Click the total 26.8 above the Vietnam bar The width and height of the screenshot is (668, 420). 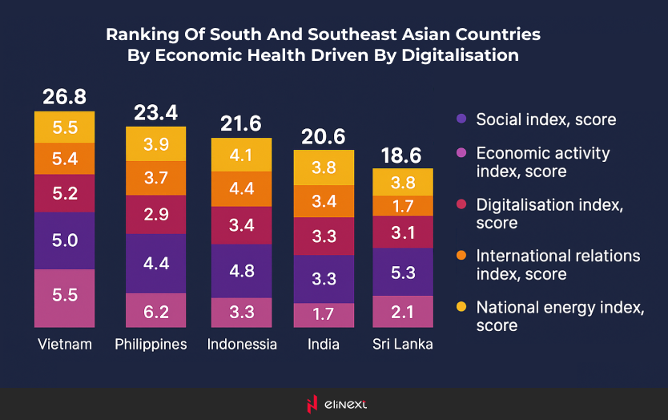click(x=64, y=97)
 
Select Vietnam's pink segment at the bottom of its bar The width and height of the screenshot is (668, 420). click(x=64, y=295)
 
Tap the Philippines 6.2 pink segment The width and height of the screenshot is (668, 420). click(x=155, y=311)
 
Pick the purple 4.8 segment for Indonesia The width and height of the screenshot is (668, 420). click(x=241, y=271)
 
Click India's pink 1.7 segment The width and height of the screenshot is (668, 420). click(x=323, y=315)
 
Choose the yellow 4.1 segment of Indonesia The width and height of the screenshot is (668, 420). click(x=241, y=155)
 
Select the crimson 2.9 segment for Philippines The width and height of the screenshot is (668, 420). click(x=155, y=214)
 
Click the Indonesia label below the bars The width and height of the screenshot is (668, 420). click(x=242, y=345)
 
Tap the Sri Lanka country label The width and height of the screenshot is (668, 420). click(x=403, y=345)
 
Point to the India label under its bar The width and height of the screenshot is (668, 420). click(x=323, y=345)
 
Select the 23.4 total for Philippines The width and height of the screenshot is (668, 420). click(x=155, y=112)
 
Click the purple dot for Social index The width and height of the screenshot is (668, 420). click(x=460, y=119)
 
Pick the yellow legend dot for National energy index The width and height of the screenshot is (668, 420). click(x=460, y=307)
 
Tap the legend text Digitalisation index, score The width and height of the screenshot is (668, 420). click(x=549, y=213)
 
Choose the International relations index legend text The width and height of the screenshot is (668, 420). click(x=558, y=265)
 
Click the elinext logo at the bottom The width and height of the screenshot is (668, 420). click(x=333, y=405)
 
